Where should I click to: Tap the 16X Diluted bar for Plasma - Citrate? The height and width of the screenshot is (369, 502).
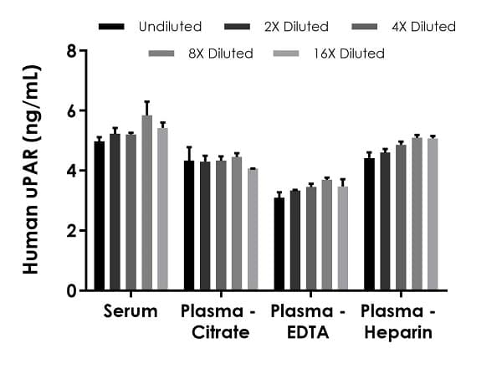coord(253,229)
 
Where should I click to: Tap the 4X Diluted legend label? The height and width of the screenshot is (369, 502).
coord(423,27)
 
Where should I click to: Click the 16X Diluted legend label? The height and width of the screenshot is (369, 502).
coord(350,54)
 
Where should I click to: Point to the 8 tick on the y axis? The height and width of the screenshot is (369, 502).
coord(85,50)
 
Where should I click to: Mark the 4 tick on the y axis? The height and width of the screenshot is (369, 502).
coord(85,171)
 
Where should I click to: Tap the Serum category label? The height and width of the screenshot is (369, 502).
coord(131,312)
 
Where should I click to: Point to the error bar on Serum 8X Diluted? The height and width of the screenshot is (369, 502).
coord(146,108)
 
